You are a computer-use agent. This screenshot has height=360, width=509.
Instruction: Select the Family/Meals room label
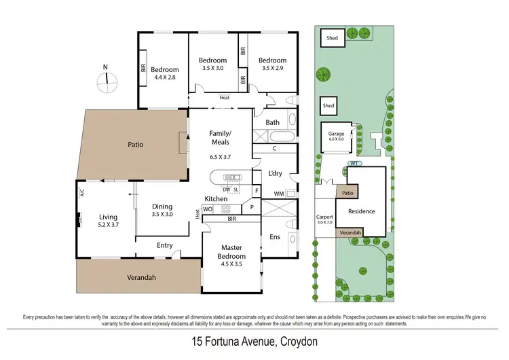pos(219,137)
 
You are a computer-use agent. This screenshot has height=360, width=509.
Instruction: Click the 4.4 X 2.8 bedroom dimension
pos(164,77)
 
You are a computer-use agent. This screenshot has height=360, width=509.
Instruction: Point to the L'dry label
pos(275,173)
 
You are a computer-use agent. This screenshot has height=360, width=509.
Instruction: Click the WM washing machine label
pos(278,194)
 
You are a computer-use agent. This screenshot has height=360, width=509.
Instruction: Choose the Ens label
pos(275,236)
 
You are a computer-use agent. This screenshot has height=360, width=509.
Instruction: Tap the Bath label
pos(273,122)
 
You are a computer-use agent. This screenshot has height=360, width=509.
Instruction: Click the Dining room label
pos(162,206)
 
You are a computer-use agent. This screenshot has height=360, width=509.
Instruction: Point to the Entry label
pos(164,245)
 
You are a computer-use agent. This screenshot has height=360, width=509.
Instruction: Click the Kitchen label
pos(216,198)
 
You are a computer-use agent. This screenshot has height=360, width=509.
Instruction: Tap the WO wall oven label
pos(208,209)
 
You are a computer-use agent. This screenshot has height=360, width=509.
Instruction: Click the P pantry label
pos(251,207)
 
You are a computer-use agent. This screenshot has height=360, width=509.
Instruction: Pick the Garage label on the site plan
pos(337,134)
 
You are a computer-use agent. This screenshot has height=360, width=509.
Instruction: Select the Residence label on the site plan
pos(361,211)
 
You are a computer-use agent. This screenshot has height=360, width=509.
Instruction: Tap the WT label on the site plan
pos(354,164)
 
